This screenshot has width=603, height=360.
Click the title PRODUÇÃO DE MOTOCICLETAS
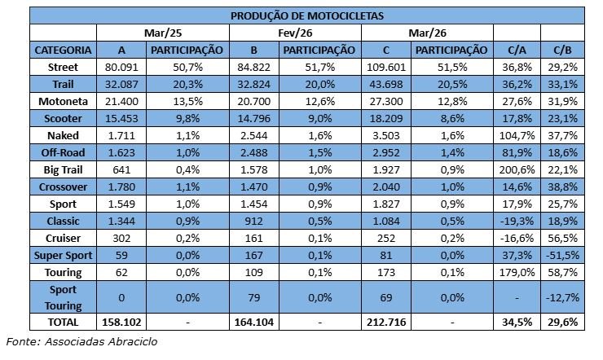tap(307, 15)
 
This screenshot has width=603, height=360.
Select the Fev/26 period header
tap(295, 33)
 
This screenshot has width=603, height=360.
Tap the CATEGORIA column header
tap(63, 50)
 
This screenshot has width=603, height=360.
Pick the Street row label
tap(63, 67)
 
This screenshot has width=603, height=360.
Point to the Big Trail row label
tap(63, 169)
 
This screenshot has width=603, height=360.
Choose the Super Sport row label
tap(63, 255)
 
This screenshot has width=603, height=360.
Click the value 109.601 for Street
tap(387, 67)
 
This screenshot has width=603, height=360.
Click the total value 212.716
tap(387, 323)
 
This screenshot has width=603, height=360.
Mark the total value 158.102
tap(121, 323)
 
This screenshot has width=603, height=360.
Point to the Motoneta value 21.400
tap(121, 101)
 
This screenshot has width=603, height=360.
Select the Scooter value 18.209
tap(387, 118)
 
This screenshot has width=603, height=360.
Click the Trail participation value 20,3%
tap(187, 84)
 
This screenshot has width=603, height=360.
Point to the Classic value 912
tap(254, 221)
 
